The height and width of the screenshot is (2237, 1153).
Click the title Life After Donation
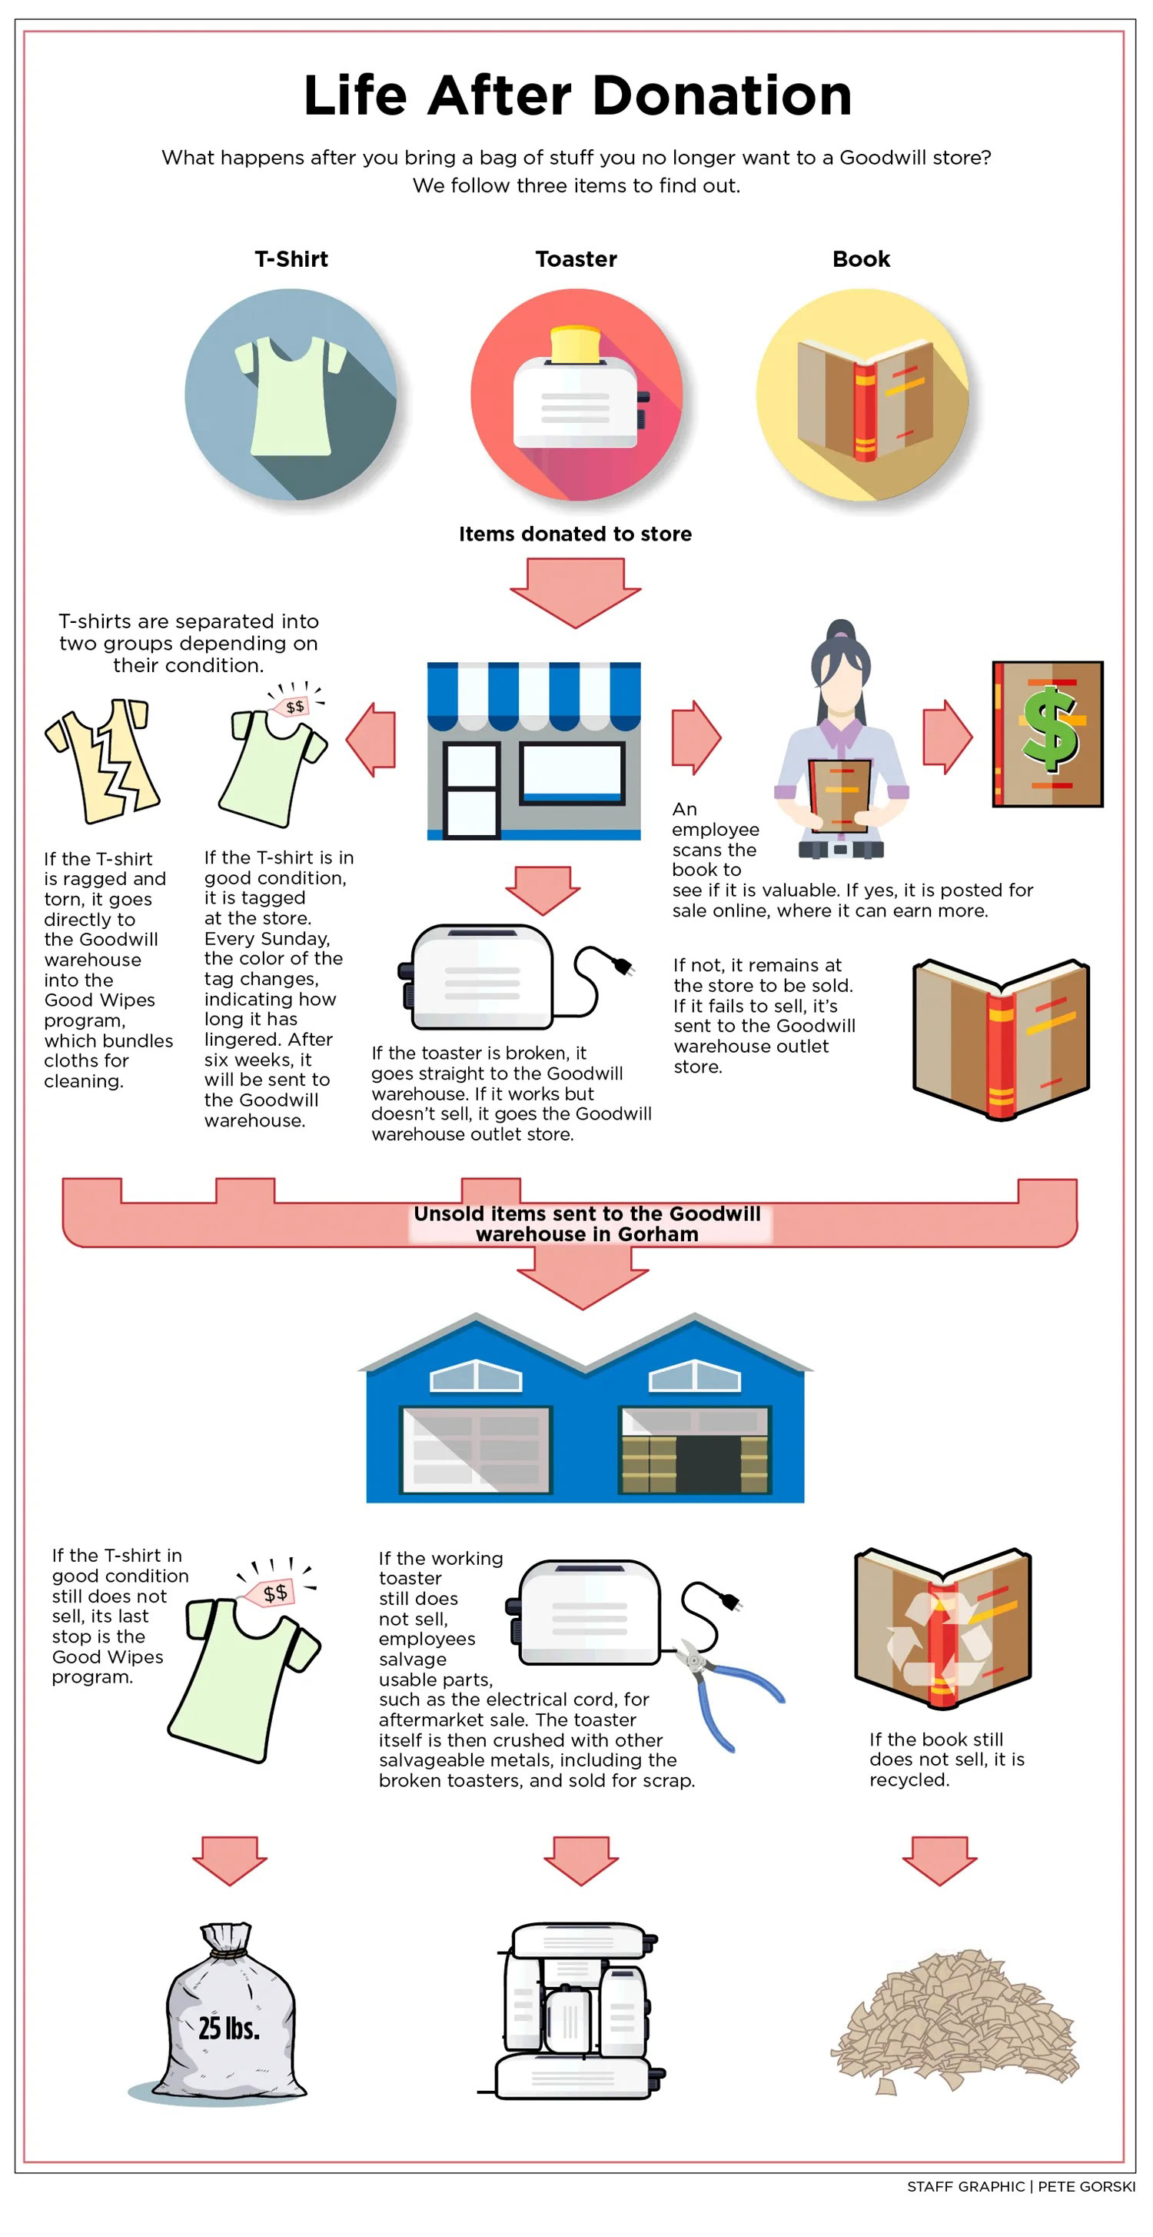pos(577,95)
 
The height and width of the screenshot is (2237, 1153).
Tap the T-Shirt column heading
pos(291,259)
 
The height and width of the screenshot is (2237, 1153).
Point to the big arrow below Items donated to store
pos(575,591)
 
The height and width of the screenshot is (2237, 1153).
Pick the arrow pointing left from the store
pos(370,739)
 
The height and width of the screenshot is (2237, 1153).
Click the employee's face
pos(839,690)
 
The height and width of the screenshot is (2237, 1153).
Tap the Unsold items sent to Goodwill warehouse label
pos(587,1223)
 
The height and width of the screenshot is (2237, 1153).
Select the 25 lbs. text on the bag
pos(228,2028)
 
